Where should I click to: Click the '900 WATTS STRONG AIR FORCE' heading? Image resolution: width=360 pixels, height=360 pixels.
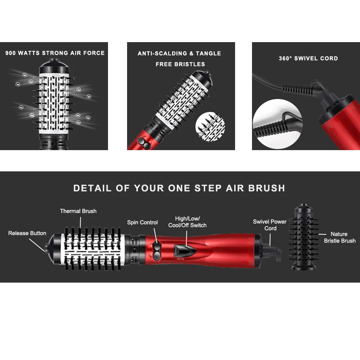point(55,53)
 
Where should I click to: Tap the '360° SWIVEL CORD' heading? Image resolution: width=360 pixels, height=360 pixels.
point(309,58)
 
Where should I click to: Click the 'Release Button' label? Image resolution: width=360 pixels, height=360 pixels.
point(27,233)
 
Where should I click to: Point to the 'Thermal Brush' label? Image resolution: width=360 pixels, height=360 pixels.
point(78,211)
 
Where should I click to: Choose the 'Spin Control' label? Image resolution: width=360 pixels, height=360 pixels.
point(142,222)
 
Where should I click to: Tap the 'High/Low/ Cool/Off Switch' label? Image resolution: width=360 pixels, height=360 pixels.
point(187,222)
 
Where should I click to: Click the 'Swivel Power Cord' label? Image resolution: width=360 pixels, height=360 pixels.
point(270,225)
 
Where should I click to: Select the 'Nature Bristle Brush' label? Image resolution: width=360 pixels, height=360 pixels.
point(339,237)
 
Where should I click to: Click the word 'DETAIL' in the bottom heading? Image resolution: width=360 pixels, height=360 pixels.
point(92,188)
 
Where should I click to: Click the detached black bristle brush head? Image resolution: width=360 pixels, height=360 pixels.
point(304,237)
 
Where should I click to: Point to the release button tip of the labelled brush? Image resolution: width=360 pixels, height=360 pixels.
point(46,248)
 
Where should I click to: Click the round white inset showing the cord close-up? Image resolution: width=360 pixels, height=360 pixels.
point(278,124)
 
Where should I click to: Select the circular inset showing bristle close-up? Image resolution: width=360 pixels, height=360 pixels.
point(210,126)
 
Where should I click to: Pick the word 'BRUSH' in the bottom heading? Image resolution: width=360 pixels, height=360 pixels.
point(266,188)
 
